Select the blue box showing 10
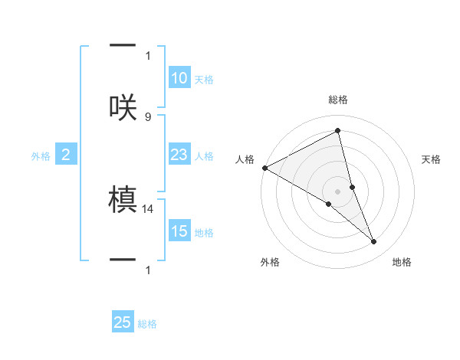pos(179,78)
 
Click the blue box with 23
pos(179,155)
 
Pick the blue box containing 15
pos(179,231)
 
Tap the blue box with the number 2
pos(65,155)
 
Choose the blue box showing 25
pos(123,322)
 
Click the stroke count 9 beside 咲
pos(148,116)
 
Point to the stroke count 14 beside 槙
pos(149,208)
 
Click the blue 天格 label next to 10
pos(204,80)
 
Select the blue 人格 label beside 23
pos(204,156)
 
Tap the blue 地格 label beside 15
pos(204,233)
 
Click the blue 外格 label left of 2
pos(41,156)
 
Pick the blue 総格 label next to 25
pos(147,324)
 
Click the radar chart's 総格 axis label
pos(338,100)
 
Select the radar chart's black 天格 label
pos(432,159)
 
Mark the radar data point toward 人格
pos(264,168)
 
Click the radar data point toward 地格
pos(374,241)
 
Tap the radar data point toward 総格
pos(338,130)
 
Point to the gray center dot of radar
pos(338,191)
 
